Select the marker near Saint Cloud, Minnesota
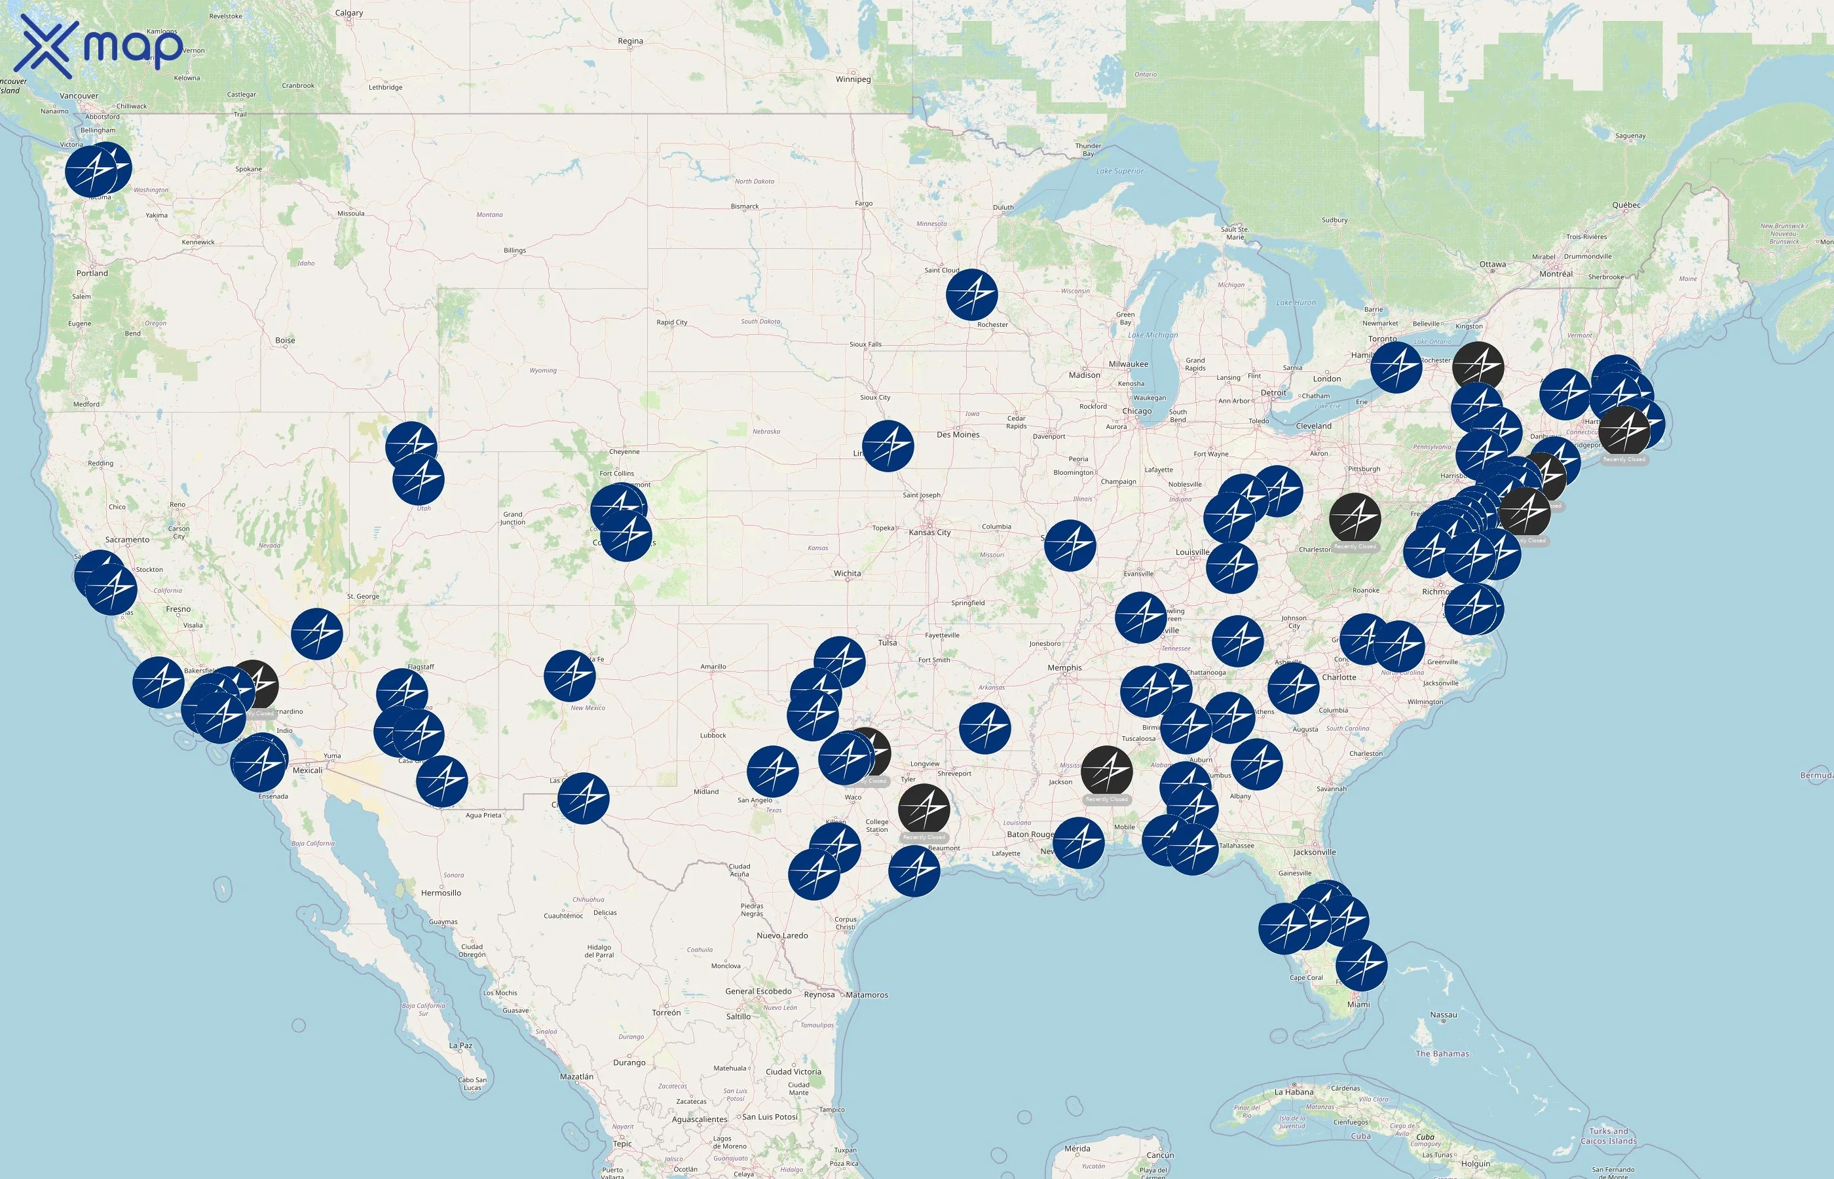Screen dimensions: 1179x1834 [x=971, y=295]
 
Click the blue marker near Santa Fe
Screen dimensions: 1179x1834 [x=569, y=676]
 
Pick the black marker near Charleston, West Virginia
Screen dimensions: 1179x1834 [x=1355, y=519]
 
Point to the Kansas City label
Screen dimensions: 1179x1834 [x=929, y=532]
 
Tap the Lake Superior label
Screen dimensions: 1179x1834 [x=1119, y=172]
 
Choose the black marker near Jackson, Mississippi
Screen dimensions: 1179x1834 [x=1106, y=771]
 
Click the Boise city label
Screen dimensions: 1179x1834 [x=285, y=341]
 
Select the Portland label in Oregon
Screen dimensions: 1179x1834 [x=92, y=273]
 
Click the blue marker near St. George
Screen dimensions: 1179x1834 [x=316, y=634]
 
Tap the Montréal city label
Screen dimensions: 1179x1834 [x=1556, y=274]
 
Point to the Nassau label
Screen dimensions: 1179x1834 [x=1443, y=1015]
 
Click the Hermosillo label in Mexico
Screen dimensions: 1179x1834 [x=441, y=893]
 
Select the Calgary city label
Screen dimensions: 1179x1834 [x=349, y=13]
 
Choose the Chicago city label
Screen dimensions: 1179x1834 [x=1136, y=411]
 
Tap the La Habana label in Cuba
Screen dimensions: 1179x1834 [x=1294, y=1093]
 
